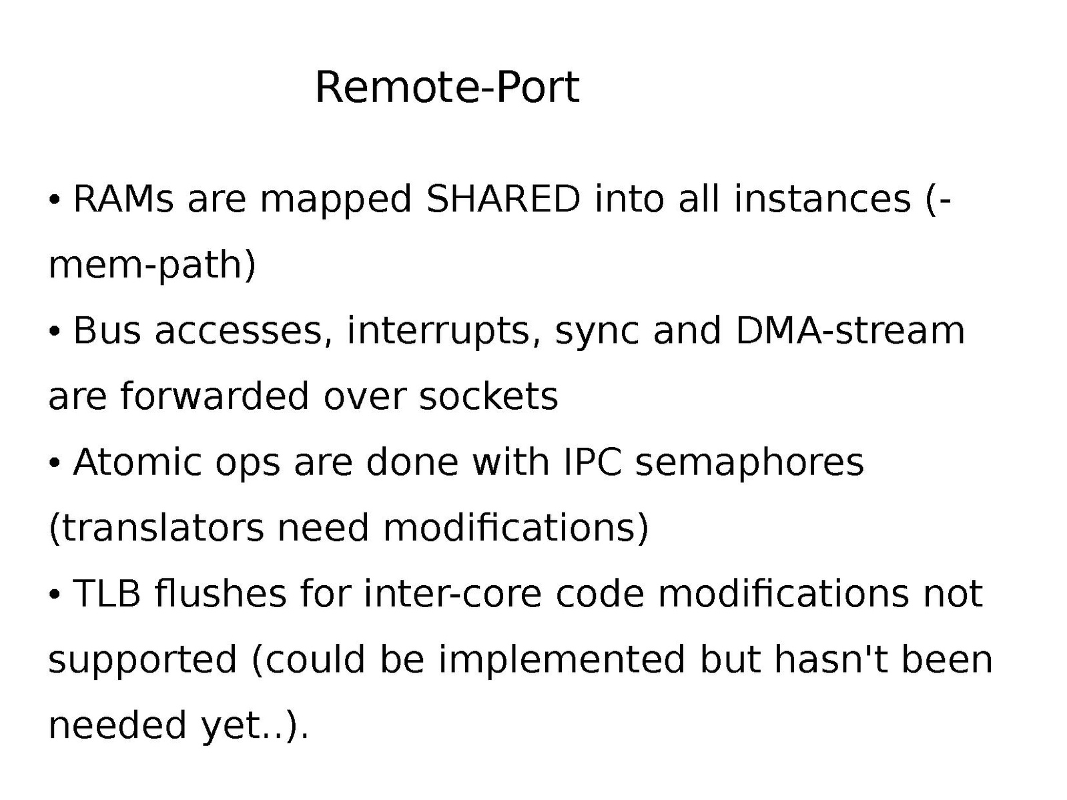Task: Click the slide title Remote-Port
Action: click(x=446, y=87)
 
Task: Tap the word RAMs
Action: click(x=123, y=199)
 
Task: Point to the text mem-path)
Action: click(x=152, y=265)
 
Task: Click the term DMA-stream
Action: click(x=849, y=330)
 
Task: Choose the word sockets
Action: click(x=488, y=396)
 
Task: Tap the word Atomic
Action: click(x=137, y=462)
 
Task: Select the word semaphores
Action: click(x=749, y=462)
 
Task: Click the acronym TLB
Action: click(x=106, y=593)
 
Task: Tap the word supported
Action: click(x=143, y=659)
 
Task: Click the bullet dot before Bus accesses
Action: click(x=55, y=331)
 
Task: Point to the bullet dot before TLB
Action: click(x=55, y=594)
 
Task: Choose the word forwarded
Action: click(x=214, y=396)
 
